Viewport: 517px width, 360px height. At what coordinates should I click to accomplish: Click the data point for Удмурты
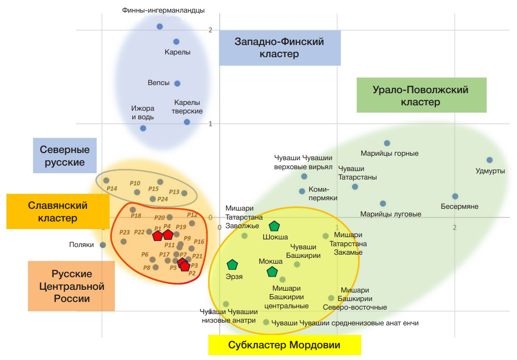coord(490,160)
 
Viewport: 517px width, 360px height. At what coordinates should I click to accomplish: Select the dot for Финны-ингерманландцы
coord(160,27)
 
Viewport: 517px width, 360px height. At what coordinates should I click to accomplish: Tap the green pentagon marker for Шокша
coord(274,226)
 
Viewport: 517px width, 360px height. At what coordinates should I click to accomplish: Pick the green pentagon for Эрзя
coord(232,265)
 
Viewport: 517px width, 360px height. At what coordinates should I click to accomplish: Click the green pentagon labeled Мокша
coord(272,272)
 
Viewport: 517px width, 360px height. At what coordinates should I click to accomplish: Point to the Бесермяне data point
coord(455,196)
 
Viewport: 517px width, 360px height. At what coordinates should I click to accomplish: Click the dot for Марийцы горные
coord(387,143)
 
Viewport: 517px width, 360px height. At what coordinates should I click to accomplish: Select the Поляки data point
coord(103,245)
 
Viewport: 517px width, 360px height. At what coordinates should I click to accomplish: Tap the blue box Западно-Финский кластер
coord(279,48)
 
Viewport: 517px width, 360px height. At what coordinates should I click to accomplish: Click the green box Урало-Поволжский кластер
coord(421,95)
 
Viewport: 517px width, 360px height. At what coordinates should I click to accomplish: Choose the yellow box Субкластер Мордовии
coord(284,346)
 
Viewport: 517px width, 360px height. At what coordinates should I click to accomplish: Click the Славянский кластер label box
coord(58,211)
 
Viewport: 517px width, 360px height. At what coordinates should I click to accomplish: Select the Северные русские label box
coord(65,156)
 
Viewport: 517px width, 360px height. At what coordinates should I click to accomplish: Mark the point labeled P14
coord(107,180)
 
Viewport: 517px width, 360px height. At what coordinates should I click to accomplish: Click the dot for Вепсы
coord(177,83)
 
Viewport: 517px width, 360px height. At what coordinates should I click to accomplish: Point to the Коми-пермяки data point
coord(302,191)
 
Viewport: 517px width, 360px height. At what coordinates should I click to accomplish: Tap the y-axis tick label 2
coord(210,30)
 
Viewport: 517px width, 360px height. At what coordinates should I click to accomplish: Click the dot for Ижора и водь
coord(143,128)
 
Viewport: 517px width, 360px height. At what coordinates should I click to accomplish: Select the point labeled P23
coord(124,241)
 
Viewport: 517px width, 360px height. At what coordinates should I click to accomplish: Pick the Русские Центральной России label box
coord(72,286)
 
